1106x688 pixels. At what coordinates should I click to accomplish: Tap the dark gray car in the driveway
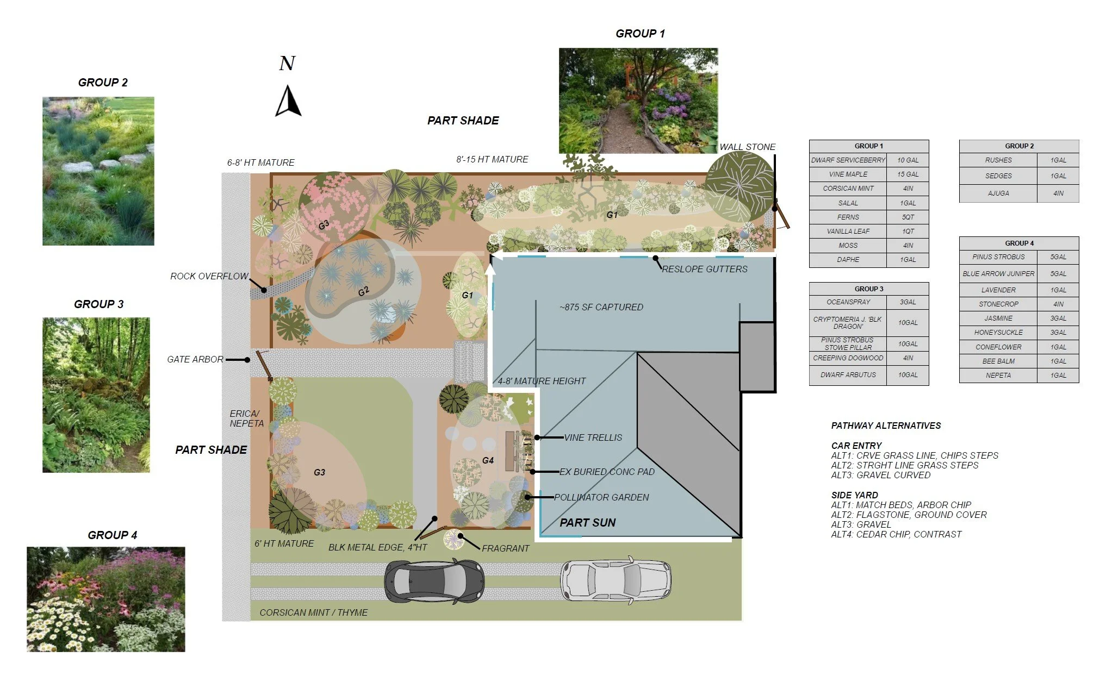click(434, 581)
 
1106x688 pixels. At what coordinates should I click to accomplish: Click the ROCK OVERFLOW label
click(209, 276)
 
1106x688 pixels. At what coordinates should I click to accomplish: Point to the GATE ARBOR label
click(195, 359)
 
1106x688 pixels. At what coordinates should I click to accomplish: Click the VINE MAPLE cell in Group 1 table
click(848, 174)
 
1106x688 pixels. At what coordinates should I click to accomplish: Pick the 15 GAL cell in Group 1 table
click(908, 174)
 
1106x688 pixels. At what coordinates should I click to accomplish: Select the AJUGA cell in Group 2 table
click(998, 193)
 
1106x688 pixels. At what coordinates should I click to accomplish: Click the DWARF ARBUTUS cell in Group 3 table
click(848, 375)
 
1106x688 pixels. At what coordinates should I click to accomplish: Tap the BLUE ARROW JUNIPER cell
click(998, 274)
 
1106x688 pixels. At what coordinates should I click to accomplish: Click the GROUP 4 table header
click(1019, 243)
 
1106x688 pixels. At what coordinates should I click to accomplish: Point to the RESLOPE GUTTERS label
click(704, 269)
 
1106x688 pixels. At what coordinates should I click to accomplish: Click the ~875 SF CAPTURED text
click(601, 307)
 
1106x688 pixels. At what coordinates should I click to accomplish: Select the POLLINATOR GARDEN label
click(601, 497)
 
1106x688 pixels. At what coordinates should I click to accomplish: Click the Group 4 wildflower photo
click(106, 599)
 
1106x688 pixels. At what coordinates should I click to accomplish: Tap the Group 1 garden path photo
click(638, 101)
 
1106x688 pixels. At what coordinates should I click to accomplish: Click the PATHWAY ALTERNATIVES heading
click(886, 426)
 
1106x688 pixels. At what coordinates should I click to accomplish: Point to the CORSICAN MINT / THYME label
click(313, 612)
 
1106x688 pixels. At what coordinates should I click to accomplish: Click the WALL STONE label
click(747, 147)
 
